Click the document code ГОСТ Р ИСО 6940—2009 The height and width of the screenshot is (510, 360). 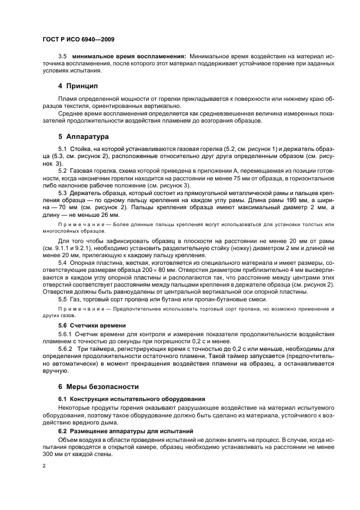[x=78, y=40]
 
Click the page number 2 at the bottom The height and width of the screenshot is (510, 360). [x=44, y=466]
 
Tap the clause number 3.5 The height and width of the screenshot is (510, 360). [x=62, y=56]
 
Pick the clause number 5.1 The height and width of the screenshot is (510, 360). [x=62, y=149]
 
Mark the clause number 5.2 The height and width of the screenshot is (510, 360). [x=62, y=170]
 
